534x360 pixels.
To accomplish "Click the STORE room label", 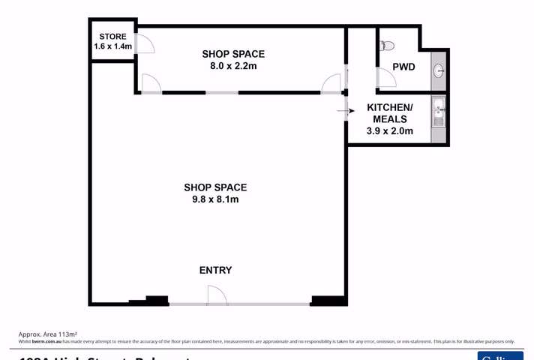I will pos(112,35).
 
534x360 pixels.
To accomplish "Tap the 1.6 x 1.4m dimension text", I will pos(112,46).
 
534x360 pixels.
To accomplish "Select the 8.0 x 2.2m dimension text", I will pos(233,66).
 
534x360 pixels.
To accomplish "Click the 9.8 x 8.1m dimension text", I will pos(215,199).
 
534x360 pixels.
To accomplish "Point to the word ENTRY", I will pos(215,270).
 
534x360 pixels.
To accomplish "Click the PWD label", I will pos(404,67).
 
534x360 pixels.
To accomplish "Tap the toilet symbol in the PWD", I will pos(387,45).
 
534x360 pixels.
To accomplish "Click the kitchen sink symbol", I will pos(438,114).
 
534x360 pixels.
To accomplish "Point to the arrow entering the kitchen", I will pos(343,112).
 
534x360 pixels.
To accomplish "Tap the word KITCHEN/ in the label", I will pos(386,108).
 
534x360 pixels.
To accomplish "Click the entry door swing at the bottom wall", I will pos(217,295).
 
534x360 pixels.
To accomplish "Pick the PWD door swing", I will pos(386,78).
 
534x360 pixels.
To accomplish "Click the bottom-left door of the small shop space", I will pos(151,84).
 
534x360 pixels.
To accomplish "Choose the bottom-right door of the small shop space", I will pos(331,84).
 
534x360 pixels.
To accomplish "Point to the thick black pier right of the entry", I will pos(328,301).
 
